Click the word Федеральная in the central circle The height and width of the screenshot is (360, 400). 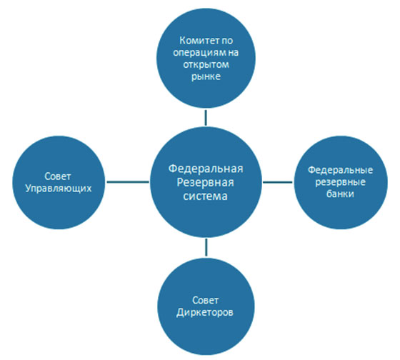pos(206,169)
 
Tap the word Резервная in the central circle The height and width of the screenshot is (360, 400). pos(206,184)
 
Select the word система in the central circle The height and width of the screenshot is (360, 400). pos(206,197)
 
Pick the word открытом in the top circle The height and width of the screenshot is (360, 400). pos(206,68)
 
